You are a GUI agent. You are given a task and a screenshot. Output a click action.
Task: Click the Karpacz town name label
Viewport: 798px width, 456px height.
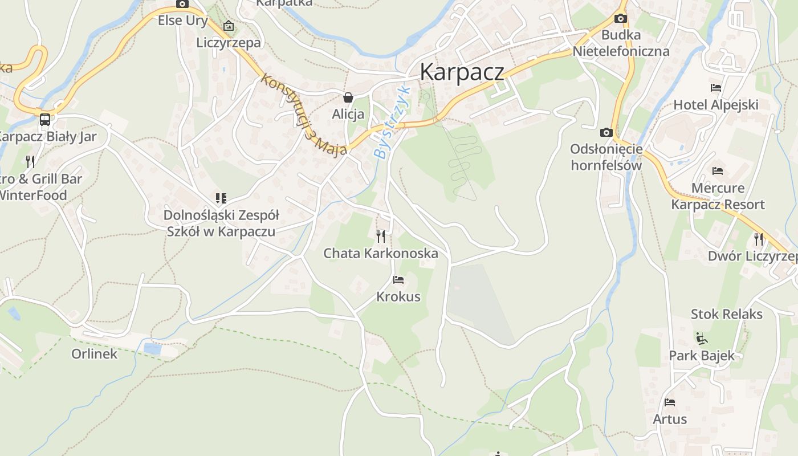point(462,72)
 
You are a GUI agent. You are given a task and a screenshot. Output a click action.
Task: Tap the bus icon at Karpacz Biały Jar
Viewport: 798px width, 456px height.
point(44,120)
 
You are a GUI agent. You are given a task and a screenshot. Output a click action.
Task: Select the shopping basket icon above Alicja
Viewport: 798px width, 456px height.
point(348,97)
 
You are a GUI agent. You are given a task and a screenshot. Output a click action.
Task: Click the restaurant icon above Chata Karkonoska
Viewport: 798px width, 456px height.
point(381,236)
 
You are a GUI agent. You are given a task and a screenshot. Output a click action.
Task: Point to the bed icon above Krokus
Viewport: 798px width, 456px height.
point(398,280)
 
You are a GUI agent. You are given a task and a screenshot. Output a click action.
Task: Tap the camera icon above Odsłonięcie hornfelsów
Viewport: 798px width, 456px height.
point(606,133)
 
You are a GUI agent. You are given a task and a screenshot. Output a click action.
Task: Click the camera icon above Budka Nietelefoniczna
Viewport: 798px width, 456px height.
point(621,19)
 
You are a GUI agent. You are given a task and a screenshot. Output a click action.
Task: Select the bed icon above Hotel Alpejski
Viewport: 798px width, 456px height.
point(716,88)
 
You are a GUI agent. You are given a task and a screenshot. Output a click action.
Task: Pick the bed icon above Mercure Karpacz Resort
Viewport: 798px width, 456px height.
point(718,171)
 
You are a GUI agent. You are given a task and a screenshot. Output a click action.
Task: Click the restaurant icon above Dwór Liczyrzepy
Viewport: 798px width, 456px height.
point(759,239)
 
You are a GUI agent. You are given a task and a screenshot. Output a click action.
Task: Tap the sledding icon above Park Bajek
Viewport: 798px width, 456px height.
point(702,339)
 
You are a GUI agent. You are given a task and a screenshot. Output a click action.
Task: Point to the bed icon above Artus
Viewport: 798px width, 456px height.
point(670,402)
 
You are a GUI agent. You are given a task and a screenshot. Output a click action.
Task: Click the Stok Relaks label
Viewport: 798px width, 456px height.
point(726,314)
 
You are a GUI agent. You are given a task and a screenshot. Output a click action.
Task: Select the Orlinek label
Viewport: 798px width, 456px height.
point(94,354)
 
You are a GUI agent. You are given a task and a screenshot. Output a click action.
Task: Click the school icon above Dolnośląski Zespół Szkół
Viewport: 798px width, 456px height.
point(221,198)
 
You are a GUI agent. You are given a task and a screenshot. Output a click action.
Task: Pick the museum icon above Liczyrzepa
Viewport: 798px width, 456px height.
point(229,26)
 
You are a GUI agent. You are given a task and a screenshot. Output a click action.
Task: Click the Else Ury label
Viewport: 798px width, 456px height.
point(182,21)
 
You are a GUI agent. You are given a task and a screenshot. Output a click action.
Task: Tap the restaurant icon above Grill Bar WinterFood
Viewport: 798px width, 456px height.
point(30,161)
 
